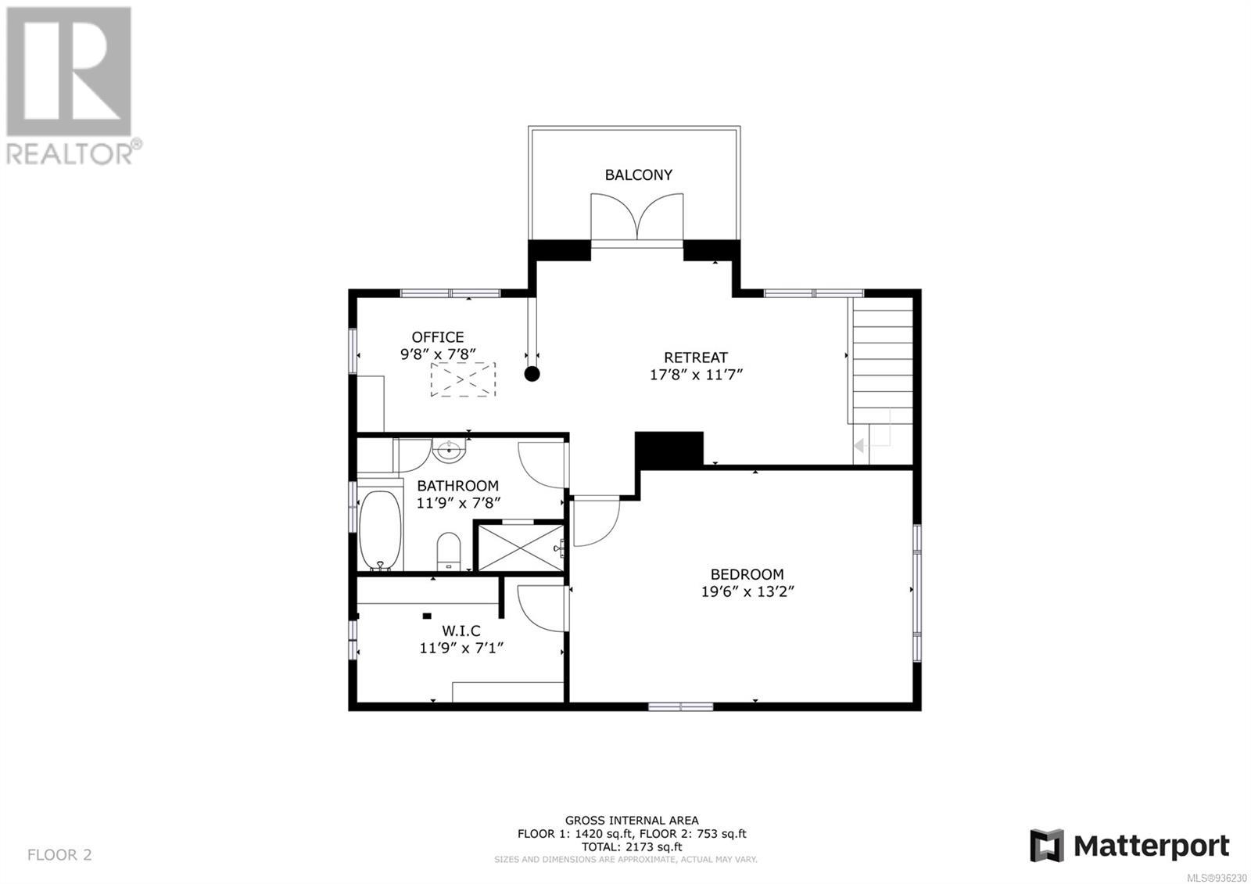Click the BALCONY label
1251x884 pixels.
[x=638, y=175]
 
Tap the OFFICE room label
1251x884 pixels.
[x=437, y=337]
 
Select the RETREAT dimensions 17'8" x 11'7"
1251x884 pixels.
[x=696, y=375]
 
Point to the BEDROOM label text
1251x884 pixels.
[x=747, y=574]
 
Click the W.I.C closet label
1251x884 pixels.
[x=461, y=631]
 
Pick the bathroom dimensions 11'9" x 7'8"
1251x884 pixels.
[x=458, y=503]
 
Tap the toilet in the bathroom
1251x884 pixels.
[x=449, y=552]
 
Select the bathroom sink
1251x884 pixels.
[x=449, y=450]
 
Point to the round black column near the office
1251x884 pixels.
[x=532, y=374]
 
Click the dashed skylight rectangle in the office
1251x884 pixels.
[x=463, y=379]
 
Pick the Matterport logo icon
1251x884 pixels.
[x=1047, y=846]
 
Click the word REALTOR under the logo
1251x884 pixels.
[x=70, y=153]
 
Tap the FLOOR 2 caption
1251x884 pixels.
[x=59, y=854]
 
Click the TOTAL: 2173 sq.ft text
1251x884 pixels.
[x=632, y=846]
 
